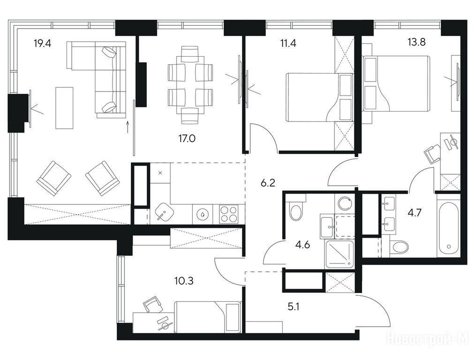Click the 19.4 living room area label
point(42,44)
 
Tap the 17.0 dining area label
point(187,139)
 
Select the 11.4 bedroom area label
point(288,44)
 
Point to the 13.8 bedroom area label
point(416,42)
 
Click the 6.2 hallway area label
point(268,182)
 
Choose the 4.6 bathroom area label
point(302,244)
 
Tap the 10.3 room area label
point(184,281)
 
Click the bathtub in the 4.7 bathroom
point(449,225)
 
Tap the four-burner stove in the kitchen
point(228,214)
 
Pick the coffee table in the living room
point(64,108)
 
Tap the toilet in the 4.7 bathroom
point(399,247)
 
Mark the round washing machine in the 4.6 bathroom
point(345,204)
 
